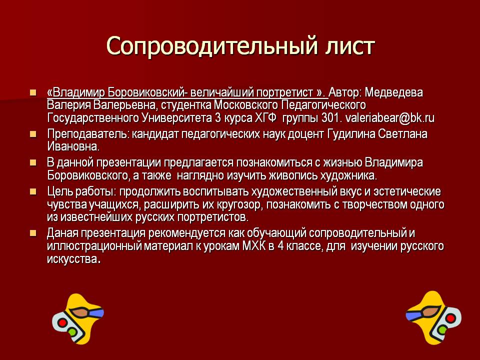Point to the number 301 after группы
click(331, 118)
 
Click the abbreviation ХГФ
click(264, 118)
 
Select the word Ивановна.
click(73, 146)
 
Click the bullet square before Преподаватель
click(33, 134)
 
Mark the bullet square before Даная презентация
click(33, 233)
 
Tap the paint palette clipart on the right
click(432, 316)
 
